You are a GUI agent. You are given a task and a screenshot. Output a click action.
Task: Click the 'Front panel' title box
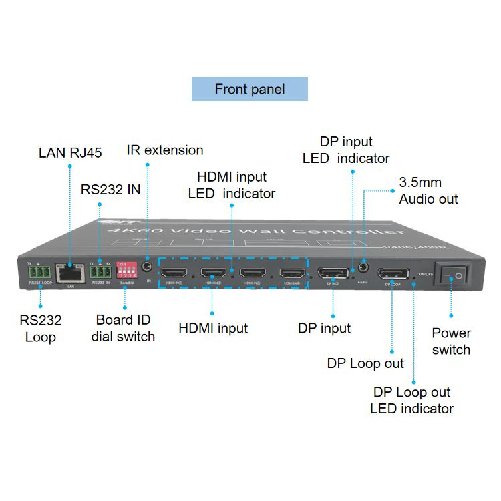point(249,89)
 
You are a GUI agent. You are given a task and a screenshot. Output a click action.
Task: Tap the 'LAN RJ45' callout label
point(70,153)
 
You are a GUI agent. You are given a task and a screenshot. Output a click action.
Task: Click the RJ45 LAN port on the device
point(69,273)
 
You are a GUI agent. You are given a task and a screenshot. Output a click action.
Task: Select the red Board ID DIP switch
point(126,270)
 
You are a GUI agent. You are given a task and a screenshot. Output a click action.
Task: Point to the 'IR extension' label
point(165,150)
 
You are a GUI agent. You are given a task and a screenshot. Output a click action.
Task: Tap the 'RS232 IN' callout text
point(111,189)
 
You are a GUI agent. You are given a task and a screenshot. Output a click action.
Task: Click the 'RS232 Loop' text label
point(40,328)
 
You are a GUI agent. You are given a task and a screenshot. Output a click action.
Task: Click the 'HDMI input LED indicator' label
point(232,185)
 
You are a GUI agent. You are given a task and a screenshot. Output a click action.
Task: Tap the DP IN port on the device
point(332,273)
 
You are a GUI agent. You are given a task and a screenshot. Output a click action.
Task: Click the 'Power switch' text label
point(451,341)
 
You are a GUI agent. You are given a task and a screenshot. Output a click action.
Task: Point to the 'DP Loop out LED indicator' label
point(411,400)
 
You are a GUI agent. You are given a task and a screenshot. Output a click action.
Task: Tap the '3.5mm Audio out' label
point(428,190)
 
